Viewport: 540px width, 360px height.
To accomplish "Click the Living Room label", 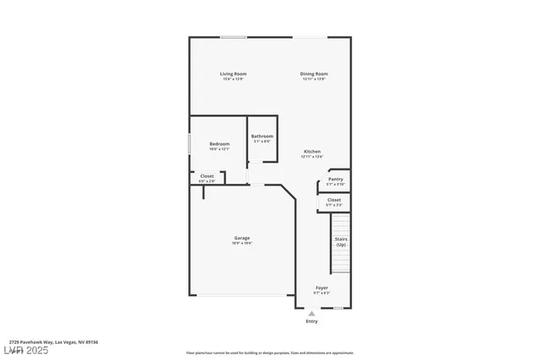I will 233,74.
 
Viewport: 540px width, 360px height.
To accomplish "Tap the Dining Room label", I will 314,74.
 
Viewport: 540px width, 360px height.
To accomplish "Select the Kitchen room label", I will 312,152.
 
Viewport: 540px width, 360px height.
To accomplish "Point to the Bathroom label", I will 262,137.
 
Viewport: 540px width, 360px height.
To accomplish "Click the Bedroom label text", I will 219,144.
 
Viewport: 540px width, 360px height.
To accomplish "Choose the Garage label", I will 242,239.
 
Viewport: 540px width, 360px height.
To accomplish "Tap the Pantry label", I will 335,179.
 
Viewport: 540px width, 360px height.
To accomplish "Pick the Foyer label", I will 321,288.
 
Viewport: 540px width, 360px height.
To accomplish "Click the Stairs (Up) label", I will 341,242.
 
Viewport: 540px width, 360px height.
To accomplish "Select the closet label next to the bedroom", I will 207,176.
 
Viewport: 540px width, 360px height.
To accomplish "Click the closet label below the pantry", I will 334,200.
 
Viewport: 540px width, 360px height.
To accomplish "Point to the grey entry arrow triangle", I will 311,314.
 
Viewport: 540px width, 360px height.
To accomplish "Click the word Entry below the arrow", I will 311,321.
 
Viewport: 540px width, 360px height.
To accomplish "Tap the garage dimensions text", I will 242,244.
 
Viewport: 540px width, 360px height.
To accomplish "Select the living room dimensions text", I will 233,79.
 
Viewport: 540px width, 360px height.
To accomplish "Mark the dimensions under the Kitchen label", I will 312,157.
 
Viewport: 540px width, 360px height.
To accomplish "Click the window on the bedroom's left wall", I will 189,144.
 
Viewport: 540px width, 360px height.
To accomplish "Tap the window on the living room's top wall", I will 234,37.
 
